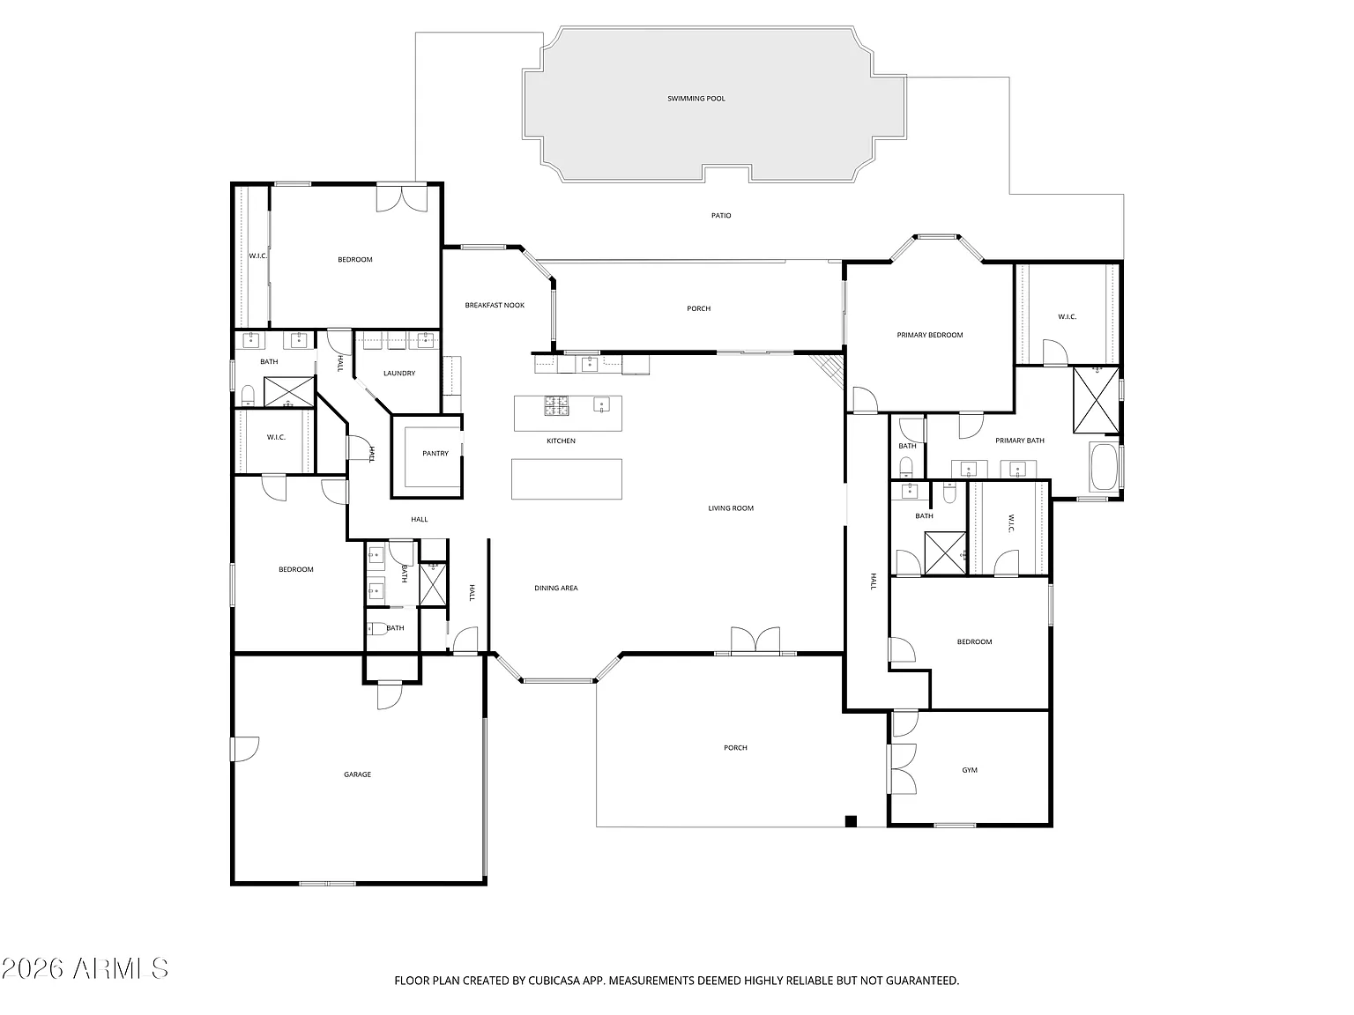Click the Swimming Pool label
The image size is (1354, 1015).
(x=696, y=99)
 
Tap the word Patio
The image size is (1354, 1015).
(x=721, y=216)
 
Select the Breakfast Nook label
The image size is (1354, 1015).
(x=495, y=305)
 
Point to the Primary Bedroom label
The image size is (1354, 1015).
(x=930, y=336)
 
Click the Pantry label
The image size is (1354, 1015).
(x=435, y=453)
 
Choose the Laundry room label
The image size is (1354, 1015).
(x=399, y=373)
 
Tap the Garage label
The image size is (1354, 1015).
(x=357, y=774)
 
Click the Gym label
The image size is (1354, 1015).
(x=970, y=770)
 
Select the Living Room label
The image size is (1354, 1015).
(x=731, y=508)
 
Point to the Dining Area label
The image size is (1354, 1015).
(x=555, y=588)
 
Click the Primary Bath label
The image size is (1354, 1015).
(x=1020, y=441)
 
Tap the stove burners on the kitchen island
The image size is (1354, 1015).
(x=556, y=405)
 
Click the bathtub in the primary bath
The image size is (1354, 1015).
(x=1105, y=466)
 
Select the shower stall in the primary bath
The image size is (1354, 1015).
(x=1096, y=399)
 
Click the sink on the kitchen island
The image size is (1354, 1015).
(x=601, y=404)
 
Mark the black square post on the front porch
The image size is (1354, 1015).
(x=851, y=821)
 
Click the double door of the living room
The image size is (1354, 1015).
(x=755, y=641)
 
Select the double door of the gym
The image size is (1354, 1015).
(x=902, y=768)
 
